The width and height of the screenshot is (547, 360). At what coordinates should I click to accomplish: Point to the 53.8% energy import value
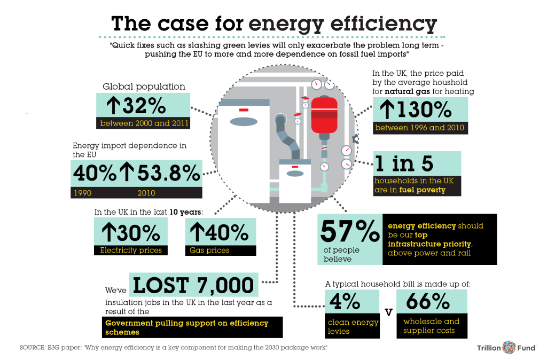[x=168, y=173]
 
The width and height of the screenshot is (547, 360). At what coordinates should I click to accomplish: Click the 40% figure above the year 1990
[x=93, y=173]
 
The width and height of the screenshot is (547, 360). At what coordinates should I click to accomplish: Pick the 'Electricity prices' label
[x=131, y=250]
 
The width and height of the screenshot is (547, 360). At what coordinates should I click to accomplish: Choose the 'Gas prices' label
[x=209, y=250]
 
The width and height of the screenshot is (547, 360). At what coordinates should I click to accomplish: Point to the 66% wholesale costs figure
[x=428, y=302]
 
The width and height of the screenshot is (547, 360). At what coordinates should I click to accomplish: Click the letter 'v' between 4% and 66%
[x=389, y=312]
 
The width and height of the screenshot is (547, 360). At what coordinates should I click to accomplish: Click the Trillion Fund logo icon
[x=509, y=348]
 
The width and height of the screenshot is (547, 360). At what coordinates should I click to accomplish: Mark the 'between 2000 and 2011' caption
[x=144, y=124]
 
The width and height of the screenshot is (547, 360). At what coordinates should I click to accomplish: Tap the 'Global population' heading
[x=144, y=87]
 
